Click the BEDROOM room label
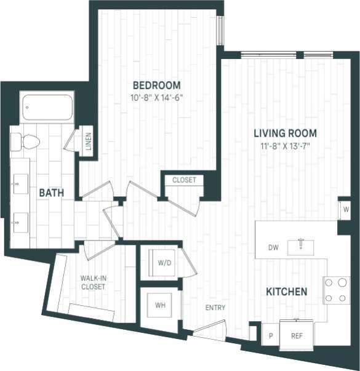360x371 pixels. tap(157, 85)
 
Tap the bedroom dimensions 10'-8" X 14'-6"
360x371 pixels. tap(157, 97)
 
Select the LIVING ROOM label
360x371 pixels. tap(286, 133)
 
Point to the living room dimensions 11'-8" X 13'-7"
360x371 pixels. tap(286, 145)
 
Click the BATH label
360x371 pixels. tap(52, 193)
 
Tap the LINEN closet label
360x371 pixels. tap(89, 141)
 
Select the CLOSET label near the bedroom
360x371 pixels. tap(183, 180)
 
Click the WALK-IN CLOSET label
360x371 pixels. tap(93, 282)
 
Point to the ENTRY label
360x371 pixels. tap(215, 308)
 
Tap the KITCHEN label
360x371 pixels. tap(286, 291)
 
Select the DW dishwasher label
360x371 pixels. tap(274, 248)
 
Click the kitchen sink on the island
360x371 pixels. tap(301, 245)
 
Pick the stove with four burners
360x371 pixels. tap(337, 290)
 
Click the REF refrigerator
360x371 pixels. tap(297, 337)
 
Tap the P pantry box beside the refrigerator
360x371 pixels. tap(270, 337)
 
